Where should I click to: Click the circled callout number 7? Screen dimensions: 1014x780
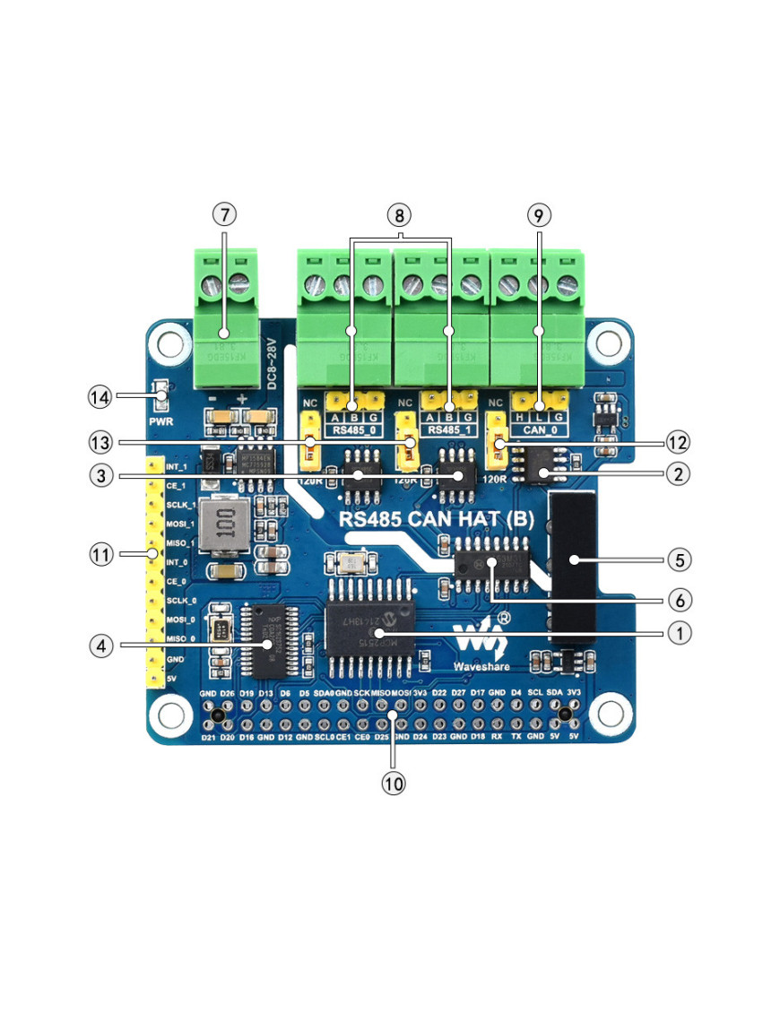224,215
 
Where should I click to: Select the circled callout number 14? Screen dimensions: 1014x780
100,394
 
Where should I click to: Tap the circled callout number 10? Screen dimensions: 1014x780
394,782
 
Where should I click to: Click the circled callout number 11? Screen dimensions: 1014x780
100,555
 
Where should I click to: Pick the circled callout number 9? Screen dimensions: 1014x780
538,215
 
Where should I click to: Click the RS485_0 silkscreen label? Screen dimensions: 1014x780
352,430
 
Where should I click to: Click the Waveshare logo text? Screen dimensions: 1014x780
481,667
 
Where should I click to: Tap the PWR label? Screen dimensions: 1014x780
161,420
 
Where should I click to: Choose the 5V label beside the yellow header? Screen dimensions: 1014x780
171,680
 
